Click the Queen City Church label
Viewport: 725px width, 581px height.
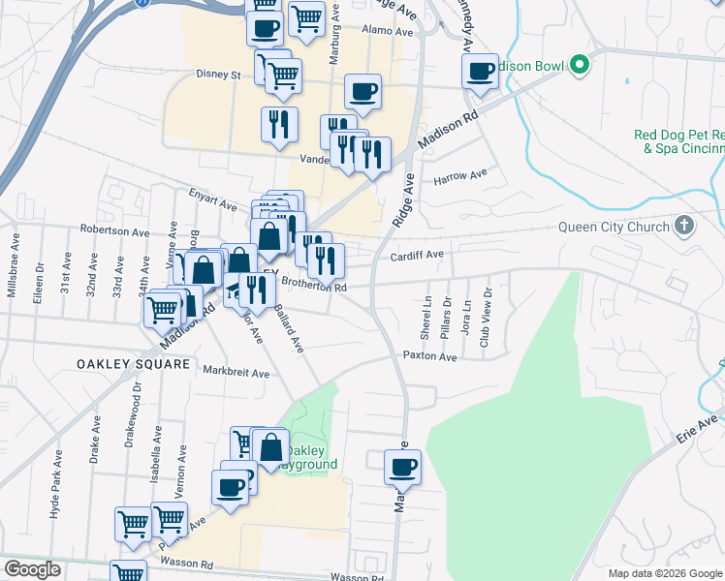[x=614, y=228]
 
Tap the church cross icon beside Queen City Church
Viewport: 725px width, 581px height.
[x=684, y=227]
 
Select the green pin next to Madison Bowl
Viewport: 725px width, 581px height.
[x=581, y=66]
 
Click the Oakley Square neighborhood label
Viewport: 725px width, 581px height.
[x=133, y=364]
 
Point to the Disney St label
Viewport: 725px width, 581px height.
[x=217, y=74]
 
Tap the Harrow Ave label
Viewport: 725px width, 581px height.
[x=460, y=178]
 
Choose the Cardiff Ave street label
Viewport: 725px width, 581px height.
[x=416, y=256]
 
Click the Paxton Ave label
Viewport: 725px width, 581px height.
[x=430, y=356]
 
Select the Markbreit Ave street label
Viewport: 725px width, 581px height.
[x=236, y=370]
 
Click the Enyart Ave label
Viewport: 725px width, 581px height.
[x=213, y=205]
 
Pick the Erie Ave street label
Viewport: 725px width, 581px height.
[x=703, y=427]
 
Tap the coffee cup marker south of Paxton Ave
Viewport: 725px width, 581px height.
[x=402, y=467]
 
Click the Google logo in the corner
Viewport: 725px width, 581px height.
[x=32, y=569]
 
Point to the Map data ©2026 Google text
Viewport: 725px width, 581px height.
[x=664, y=573]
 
